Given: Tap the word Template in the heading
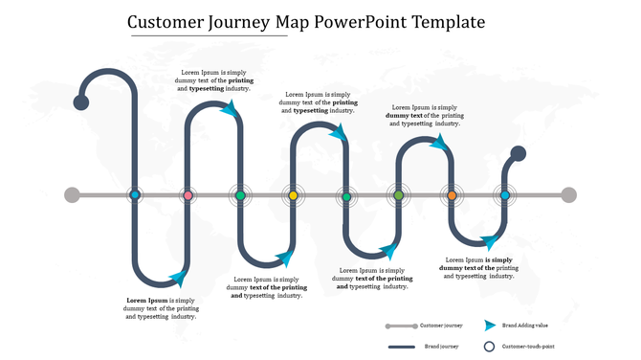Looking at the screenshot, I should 447,21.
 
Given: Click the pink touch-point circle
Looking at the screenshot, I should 188,195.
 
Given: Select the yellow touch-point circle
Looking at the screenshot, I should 294,195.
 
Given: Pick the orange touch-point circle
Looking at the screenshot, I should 452,195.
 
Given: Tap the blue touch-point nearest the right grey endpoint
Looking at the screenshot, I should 504,195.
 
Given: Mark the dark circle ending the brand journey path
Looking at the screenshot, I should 518,153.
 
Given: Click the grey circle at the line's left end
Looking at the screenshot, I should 72,195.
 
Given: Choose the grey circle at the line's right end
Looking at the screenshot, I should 568,195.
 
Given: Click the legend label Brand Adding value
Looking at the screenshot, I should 524,326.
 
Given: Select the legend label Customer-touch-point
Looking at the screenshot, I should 528,346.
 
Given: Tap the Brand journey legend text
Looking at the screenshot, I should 442,346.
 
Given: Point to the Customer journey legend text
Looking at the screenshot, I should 441,326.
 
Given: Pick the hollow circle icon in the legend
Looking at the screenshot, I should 489,346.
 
